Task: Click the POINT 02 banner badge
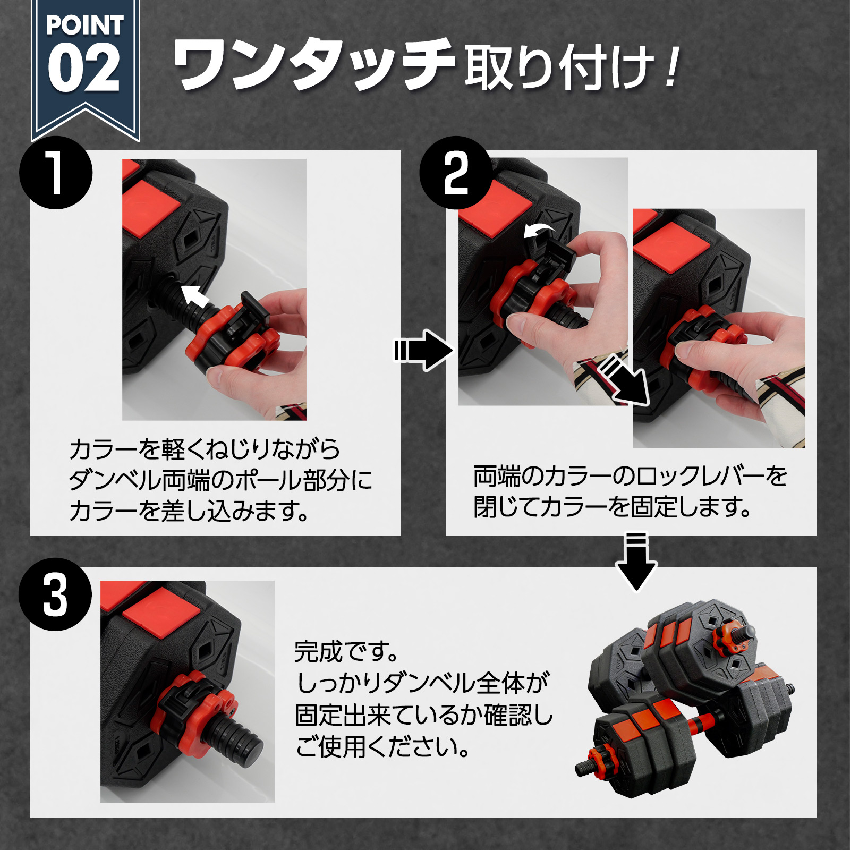[x=85, y=64]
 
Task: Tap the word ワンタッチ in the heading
[x=313, y=65]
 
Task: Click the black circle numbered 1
[x=56, y=173]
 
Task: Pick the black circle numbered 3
[x=55, y=595]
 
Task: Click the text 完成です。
[x=345, y=651]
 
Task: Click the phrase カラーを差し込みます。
[x=189, y=511]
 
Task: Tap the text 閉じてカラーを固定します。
[x=611, y=507]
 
